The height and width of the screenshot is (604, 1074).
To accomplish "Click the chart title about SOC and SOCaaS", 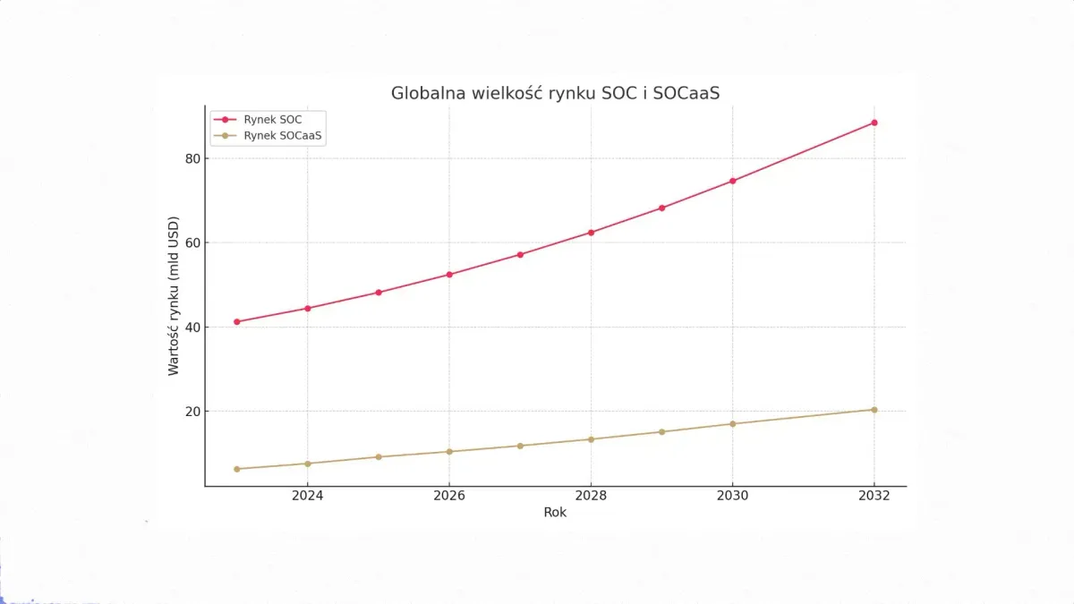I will (555, 93).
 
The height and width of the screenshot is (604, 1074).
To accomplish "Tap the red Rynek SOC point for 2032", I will (874, 123).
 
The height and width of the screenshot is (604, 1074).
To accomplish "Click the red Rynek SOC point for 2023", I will (237, 321).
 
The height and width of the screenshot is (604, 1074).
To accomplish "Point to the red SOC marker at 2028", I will (591, 233).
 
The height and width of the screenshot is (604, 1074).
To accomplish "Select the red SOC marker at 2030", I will (733, 181).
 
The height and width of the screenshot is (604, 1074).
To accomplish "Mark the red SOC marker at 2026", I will (449, 275).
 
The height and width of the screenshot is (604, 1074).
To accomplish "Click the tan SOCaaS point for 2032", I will (874, 410).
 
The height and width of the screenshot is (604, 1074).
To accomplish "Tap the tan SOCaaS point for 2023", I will (237, 469).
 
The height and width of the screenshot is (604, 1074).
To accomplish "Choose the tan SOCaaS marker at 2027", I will (520, 446).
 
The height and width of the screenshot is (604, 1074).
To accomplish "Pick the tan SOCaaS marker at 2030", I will (733, 423).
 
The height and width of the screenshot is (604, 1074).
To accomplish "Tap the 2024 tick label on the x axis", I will (308, 496).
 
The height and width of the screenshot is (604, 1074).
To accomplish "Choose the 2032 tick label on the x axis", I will (874, 496).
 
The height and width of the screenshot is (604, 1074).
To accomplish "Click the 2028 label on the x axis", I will (591, 496).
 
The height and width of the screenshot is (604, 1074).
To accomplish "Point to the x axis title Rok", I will (555, 513).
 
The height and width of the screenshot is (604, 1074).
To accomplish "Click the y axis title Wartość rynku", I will (174, 295).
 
